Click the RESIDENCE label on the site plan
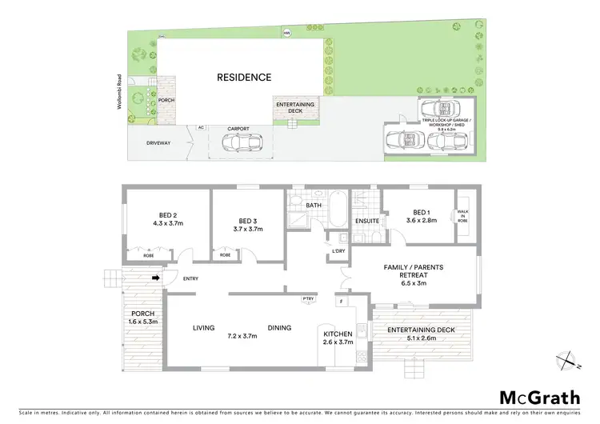(x=244, y=78)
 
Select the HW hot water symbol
(x=286, y=33)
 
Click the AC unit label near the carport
(x=201, y=128)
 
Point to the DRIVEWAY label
(x=158, y=143)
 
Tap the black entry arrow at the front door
(x=157, y=278)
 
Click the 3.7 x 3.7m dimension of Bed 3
(x=247, y=230)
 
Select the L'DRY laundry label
(x=338, y=254)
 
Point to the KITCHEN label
(x=337, y=334)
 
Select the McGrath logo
(x=534, y=397)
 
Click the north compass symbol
(x=568, y=362)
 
